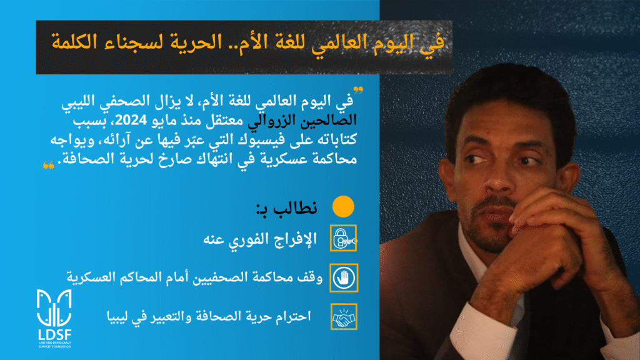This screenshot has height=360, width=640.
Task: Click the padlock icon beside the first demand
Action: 343,238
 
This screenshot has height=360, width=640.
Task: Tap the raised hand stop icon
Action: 344,278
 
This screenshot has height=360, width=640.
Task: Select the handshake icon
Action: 344,317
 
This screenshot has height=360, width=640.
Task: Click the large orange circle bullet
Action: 343,206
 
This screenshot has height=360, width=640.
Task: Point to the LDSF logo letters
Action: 55,335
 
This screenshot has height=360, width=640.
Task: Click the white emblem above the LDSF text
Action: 54,307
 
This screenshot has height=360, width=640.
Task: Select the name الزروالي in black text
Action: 272,121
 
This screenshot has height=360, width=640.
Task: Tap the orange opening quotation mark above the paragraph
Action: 358,90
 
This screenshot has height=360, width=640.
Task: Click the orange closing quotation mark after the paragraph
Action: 49,165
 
